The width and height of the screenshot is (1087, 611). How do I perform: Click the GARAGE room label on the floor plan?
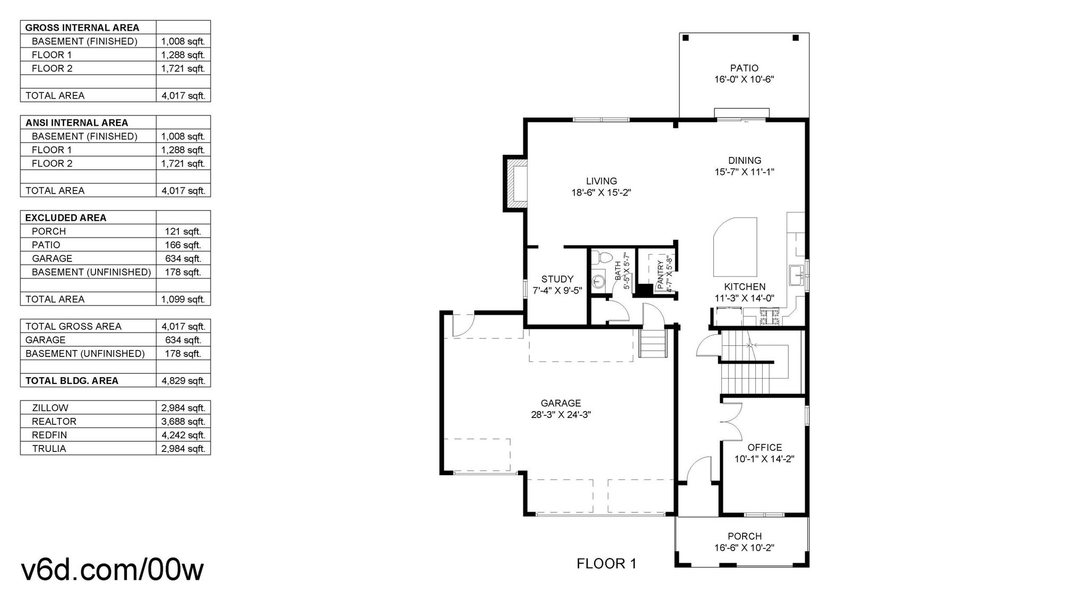pyautogui.click(x=560, y=403)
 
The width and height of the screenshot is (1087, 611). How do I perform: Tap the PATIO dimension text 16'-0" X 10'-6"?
pyautogui.click(x=744, y=80)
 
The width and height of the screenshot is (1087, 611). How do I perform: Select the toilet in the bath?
pyautogui.click(x=600, y=258)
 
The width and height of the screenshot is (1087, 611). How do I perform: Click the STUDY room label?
pyautogui.click(x=557, y=279)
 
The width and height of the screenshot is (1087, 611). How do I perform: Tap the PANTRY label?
pyautogui.click(x=660, y=275)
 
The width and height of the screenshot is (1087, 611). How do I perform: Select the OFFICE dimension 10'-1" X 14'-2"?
pyautogui.click(x=764, y=459)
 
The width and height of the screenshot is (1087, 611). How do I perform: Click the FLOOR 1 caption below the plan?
pyautogui.click(x=606, y=564)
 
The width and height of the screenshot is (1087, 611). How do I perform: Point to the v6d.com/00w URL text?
pyautogui.click(x=112, y=570)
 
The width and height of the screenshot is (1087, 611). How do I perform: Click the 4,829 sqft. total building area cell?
pyautogui.click(x=183, y=381)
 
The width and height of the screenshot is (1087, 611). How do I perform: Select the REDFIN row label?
pyautogui.click(x=49, y=435)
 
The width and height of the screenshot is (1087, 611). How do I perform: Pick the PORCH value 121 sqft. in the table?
pyautogui.click(x=183, y=231)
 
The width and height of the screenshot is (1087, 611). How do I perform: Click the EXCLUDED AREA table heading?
pyautogui.click(x=66, y=217)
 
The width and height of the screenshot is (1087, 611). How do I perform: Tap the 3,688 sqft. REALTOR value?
pyautogui.click(x=183, y=422)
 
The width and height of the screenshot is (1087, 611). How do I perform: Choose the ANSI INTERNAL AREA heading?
pyautogui.click(x=77, y=123)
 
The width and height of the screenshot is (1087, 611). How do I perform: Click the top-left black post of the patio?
pyautogui.click(x=686, y=38)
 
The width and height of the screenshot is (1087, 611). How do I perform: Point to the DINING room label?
pyautogui.click(x=745, y=160)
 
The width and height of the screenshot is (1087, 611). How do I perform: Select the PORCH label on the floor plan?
pyautogui.click(x=745, y=536)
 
